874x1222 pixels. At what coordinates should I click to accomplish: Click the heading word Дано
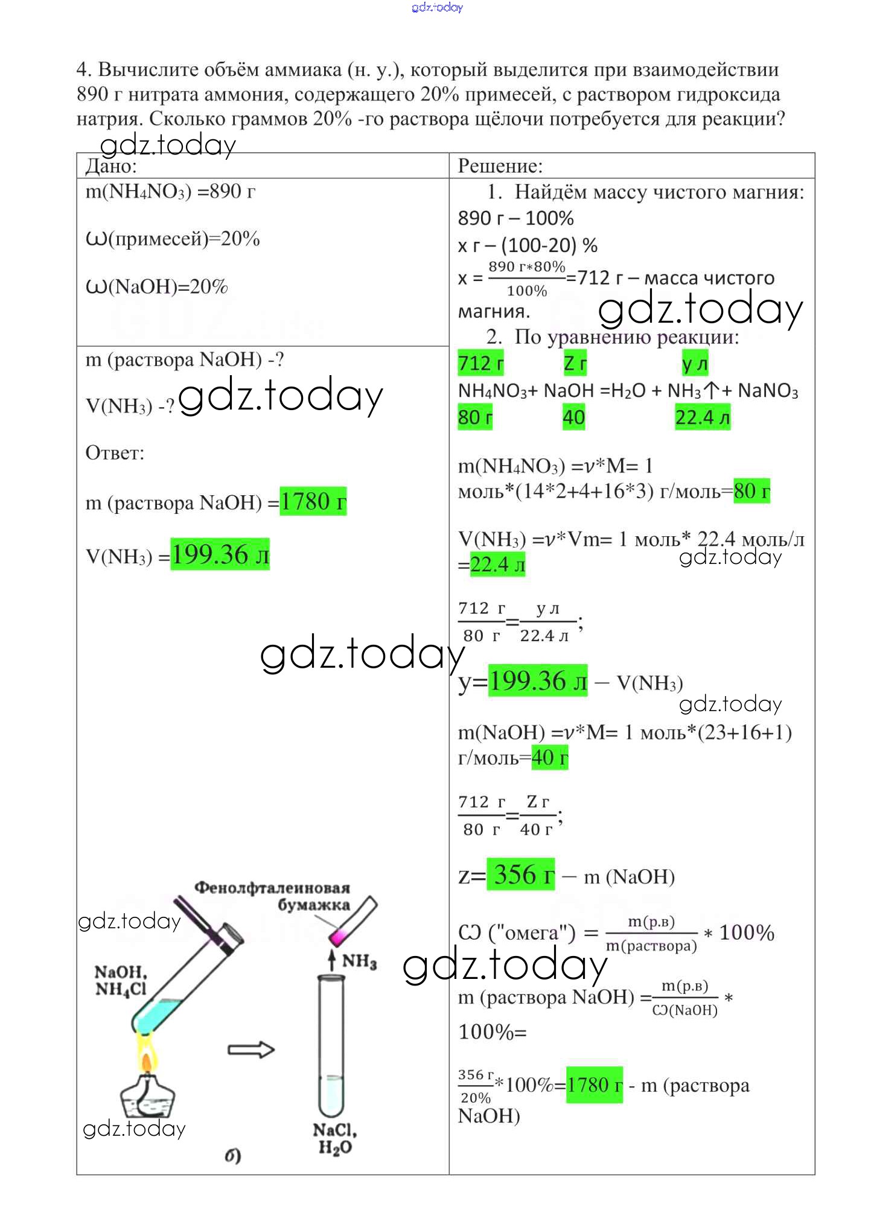(x=111, y=166)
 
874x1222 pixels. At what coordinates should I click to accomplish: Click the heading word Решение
(x=500, y=166)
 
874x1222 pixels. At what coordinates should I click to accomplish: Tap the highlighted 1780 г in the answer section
(x=313, y=501)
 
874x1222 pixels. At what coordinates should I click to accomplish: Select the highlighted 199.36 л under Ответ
(x=220, y=554)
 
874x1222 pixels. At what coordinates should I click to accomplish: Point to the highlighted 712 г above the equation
(x=480, y=363)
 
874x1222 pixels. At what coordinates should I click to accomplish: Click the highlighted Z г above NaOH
(x=575, y=363)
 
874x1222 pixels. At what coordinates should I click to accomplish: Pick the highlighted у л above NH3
(x=694, y=363)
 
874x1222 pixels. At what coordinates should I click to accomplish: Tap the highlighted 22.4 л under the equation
(x=702, y=417)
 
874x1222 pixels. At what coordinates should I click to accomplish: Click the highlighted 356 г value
(x=521, y=875)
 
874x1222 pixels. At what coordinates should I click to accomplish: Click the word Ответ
(x=115, y=452)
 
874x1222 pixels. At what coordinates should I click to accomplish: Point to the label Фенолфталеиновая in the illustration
(x=272, y=888)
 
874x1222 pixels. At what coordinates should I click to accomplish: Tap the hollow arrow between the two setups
(x=251, y=1050)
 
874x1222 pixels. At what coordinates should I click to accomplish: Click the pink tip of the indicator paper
(x=337, y=937)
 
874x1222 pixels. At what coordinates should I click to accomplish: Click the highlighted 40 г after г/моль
(x=549, y=758)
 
